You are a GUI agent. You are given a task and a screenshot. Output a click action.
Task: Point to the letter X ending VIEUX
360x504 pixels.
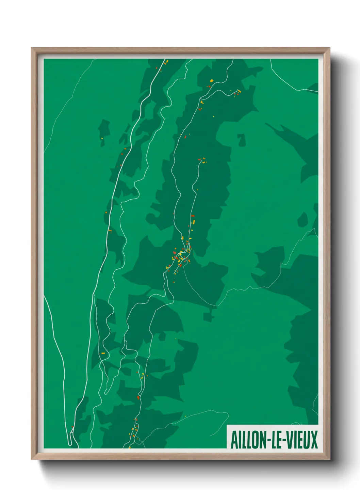coord(314,440)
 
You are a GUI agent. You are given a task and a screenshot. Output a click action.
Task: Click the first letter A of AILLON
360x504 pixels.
coord(234,440)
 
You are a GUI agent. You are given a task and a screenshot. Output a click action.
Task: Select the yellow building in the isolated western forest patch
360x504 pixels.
coord(101,138)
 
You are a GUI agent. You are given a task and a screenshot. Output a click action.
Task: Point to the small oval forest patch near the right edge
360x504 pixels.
coord(302,220)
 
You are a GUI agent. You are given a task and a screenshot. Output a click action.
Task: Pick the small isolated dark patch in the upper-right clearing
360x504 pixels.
coord(241,140)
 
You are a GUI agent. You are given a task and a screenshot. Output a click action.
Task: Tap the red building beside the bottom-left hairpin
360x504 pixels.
coord(72,427)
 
